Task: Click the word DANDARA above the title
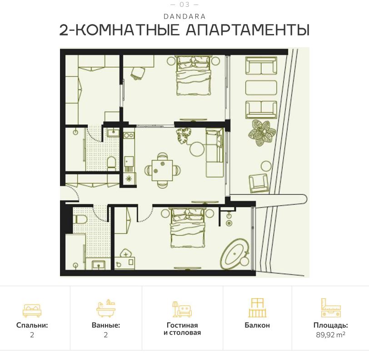[x=184, y=16]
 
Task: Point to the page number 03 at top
[x=184, y=5]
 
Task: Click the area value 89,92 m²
[x=330, y=335]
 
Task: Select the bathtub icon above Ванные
[x=106, y=309]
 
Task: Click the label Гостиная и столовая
[x=182, y=329]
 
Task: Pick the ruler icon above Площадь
[x=330, y=308]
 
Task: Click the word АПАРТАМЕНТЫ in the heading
[x=248, y=30]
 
